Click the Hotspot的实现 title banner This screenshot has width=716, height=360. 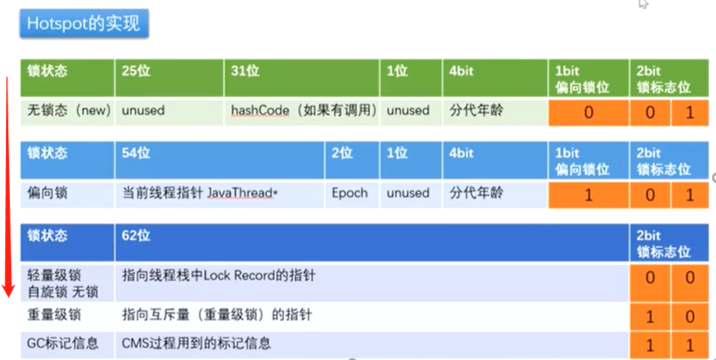[x=84, y=23]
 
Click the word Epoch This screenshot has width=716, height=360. [x=350, y=193]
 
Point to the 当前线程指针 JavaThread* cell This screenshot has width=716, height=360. [x=200, y=193]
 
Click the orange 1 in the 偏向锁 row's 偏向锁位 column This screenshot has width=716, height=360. [x=588, y=194]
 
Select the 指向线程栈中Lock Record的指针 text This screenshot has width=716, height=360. [x=218, y=276]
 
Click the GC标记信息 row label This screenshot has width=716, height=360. [x=62, y=344]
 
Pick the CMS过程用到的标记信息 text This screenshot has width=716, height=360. [x=197, y=344]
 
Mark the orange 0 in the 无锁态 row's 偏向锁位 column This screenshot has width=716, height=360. [x=588, y=112]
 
